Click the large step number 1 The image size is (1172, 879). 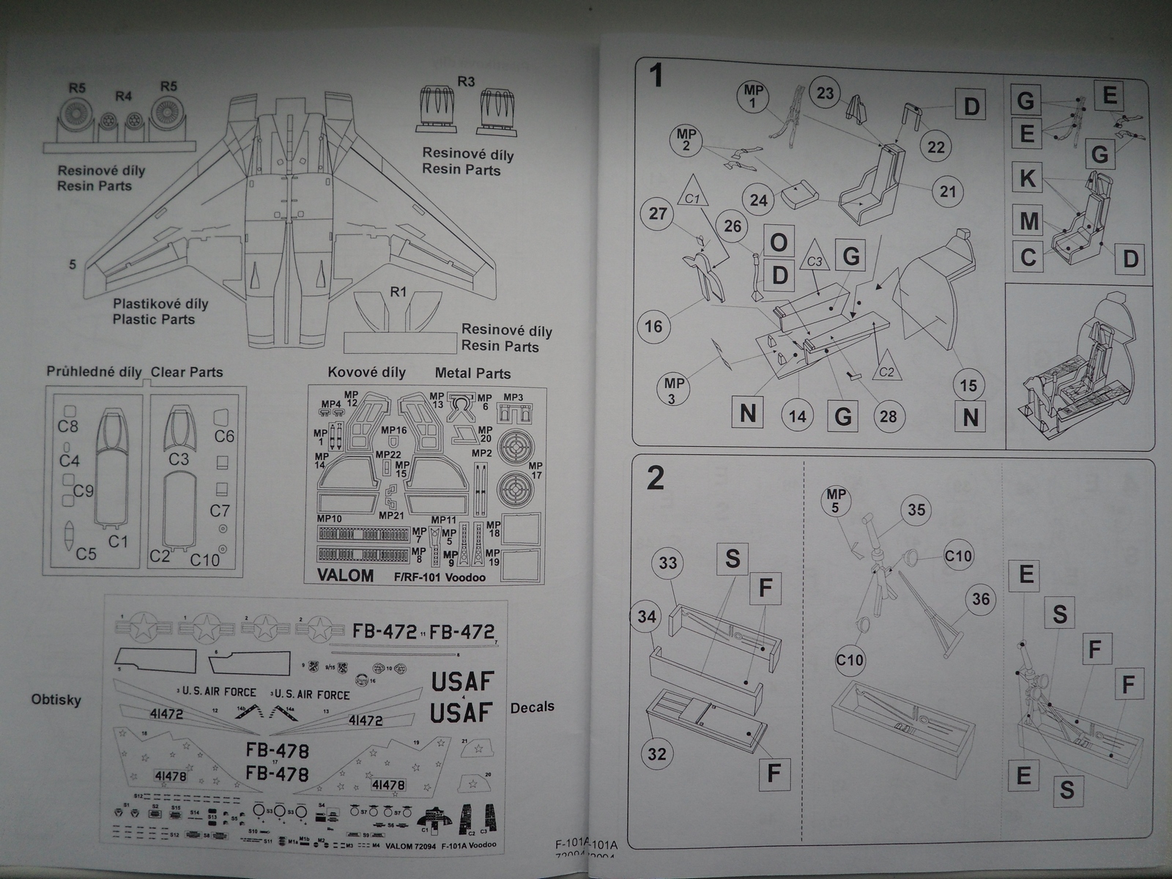(x=656, y=75)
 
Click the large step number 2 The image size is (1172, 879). (x=656, y=478)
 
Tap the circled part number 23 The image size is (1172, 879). (x=826, y=93)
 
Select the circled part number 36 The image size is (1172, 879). (x=981, y=599)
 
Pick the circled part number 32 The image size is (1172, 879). (x=657, y=754)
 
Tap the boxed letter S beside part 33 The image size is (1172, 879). (x=732, y=559)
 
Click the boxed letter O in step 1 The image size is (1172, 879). (x=779, y=242)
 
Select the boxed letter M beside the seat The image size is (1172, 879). (x=1028, y=220)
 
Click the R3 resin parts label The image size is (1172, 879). (x=466, y=81)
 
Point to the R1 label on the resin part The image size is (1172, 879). (x=398, y=292)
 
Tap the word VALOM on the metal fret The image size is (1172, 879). (x=345, y=575)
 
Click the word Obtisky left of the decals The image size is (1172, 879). (x=56, y=700)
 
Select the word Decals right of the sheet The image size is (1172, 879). (x=533, y=707)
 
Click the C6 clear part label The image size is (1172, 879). (x=224, y=437)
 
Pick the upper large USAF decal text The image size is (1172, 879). (x=462, y=681)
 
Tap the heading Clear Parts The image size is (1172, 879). (x=187, y=372)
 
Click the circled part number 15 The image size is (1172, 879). (x=968, y=385)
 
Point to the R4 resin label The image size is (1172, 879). (x=123, y=96)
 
